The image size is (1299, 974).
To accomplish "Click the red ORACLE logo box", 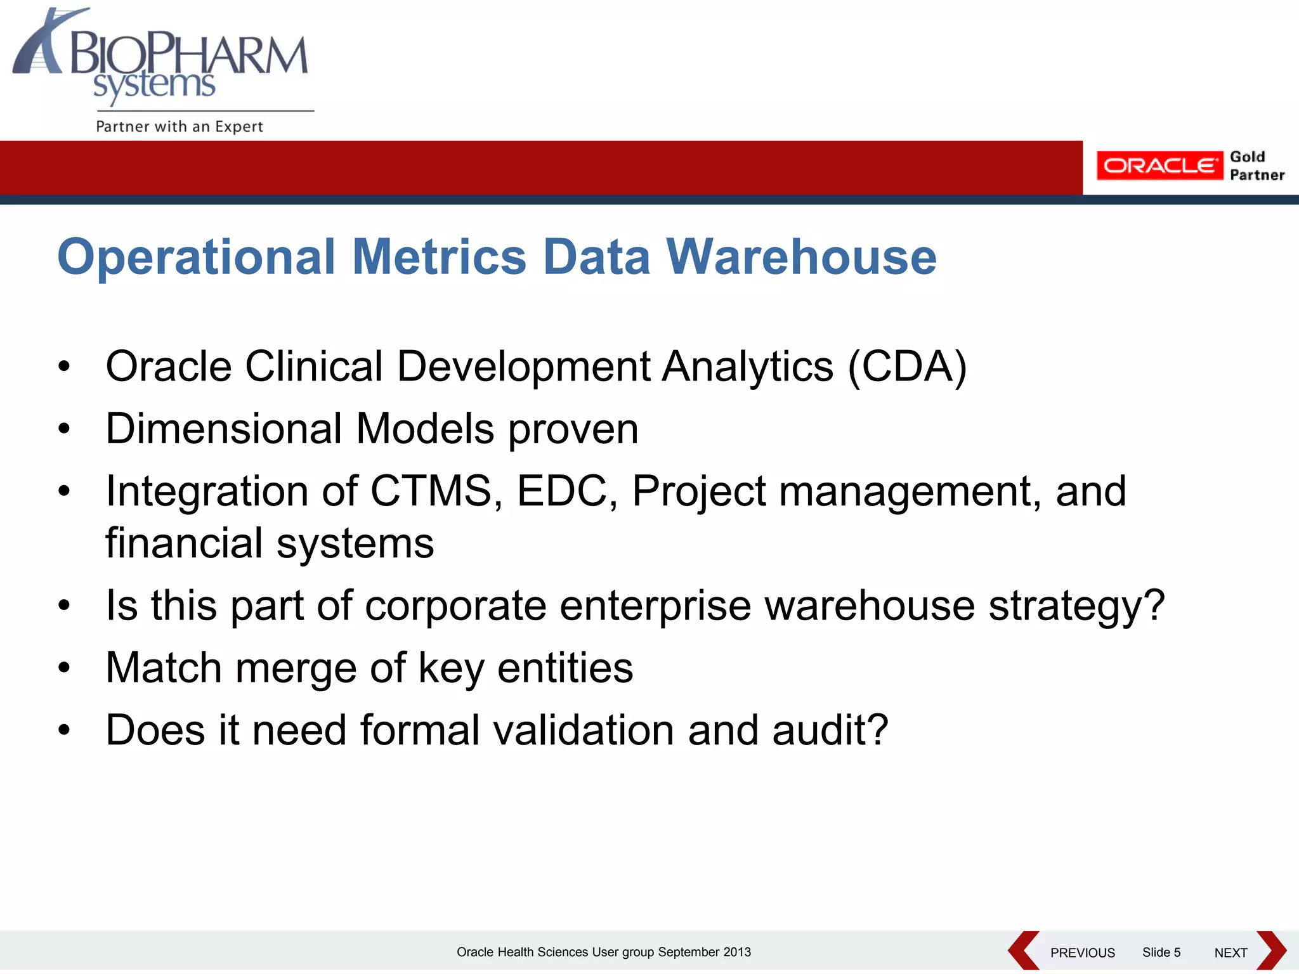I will (x=1159, y=166).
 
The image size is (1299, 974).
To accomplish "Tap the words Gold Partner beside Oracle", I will (x=1257, y=166).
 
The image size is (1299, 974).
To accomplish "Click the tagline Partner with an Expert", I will (x=179, y=126).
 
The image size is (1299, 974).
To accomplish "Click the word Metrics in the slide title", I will (x=439, y=257).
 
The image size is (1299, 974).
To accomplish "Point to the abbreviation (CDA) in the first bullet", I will (x=907, y=367).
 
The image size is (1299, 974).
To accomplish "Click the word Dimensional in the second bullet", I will (x=224, y=429).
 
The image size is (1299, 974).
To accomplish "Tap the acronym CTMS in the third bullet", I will (x=431, y=491).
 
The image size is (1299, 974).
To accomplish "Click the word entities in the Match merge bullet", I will (x=565, y=668).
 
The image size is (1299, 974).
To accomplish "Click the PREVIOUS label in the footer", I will (x=1082, y=952).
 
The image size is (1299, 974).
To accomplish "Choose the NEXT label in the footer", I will (x=1230, y=952).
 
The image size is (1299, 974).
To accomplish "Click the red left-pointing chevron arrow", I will (x=1022, y=951).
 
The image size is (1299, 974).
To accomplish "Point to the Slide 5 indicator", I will (x=1161, y=952).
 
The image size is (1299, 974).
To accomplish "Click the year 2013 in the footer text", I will (x=737, y=952).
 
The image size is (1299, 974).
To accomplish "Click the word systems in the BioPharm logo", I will (x=154, y=86).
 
